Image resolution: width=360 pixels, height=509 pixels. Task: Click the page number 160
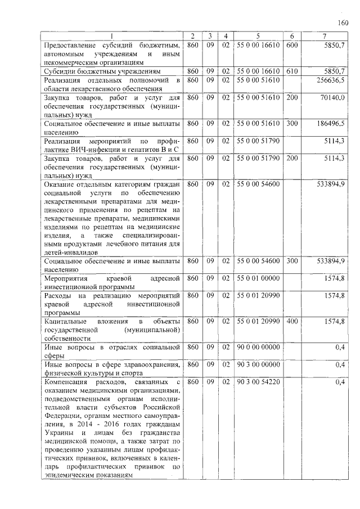(344, 23)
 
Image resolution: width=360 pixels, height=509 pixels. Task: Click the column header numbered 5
(258, 37)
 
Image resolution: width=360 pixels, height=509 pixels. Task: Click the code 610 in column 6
(291, 72)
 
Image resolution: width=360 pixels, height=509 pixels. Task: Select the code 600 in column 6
(291, 45)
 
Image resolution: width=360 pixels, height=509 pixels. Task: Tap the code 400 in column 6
(291, 321)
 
